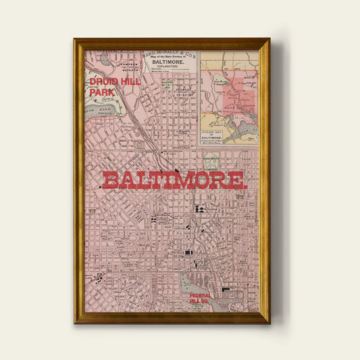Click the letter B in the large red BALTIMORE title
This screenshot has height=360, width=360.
point(110,180)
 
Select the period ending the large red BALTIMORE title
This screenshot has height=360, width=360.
point(246,184)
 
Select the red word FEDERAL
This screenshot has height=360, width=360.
point(201,295)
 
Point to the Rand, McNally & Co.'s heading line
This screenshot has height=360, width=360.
point(170,54)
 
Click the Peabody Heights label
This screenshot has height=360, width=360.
point(180,90)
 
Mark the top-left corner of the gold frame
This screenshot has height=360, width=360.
point(75,39)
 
